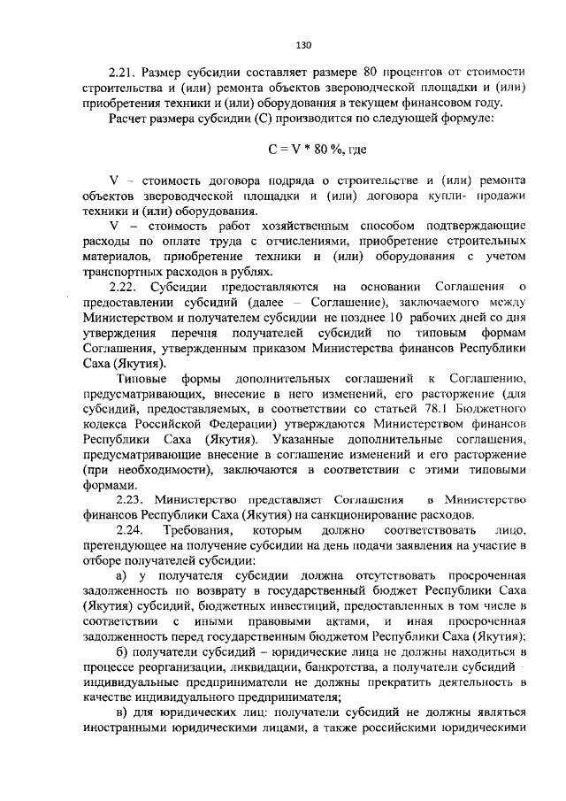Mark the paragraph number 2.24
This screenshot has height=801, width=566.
point(122,531)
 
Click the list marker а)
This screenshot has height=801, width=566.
point(114,577)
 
